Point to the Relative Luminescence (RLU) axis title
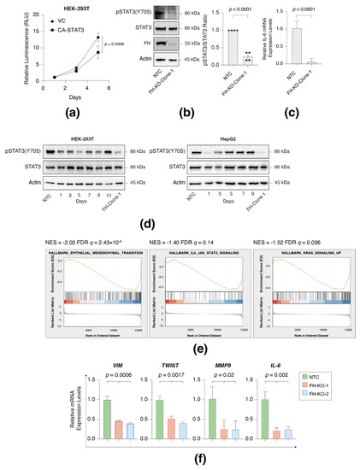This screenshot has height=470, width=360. tap(6, 61)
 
